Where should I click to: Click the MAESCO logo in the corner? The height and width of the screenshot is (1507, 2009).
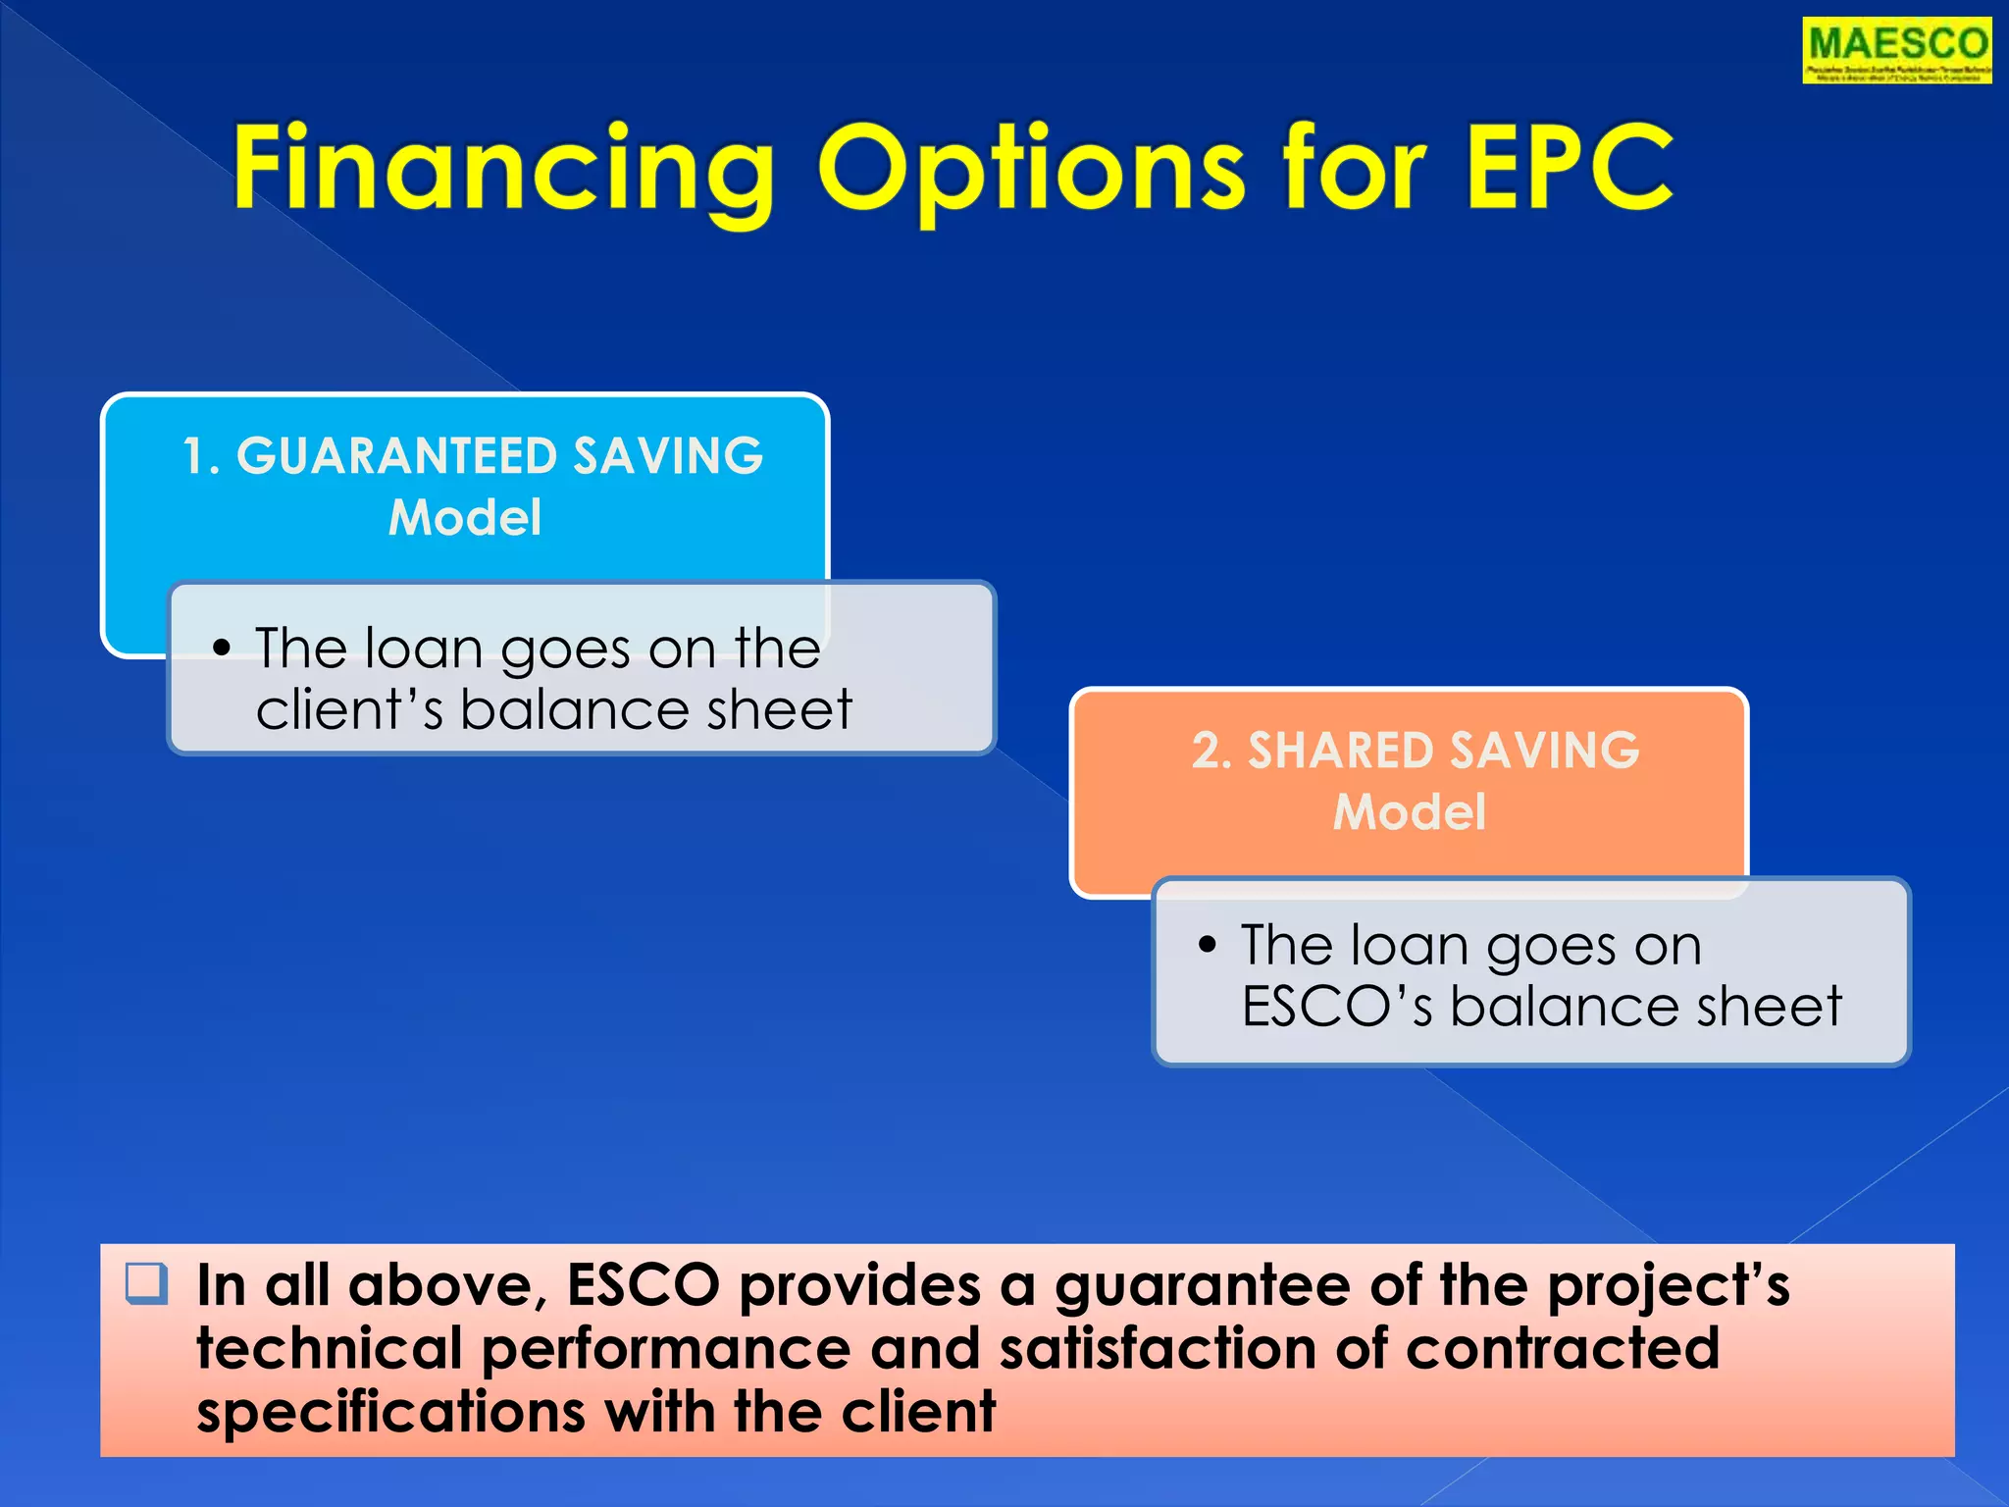[1896, 50]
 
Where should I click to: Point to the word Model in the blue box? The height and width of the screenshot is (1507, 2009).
[465, 518]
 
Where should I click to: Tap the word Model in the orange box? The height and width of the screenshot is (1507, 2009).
[1410, 812]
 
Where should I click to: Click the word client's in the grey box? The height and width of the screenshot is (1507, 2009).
[349, 709]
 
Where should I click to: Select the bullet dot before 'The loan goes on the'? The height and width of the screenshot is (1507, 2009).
[223, 649]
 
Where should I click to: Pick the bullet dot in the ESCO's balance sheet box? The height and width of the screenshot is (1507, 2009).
[1208, 945]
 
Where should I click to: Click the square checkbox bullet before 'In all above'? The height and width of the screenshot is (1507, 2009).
[147, 1283]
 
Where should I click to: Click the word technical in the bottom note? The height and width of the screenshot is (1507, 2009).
[329, 1349]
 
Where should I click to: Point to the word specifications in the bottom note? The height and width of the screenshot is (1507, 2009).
[390, 1413]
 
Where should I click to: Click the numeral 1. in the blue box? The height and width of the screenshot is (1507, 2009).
[201, 456]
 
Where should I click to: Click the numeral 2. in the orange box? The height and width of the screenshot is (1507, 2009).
[1211, 751]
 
